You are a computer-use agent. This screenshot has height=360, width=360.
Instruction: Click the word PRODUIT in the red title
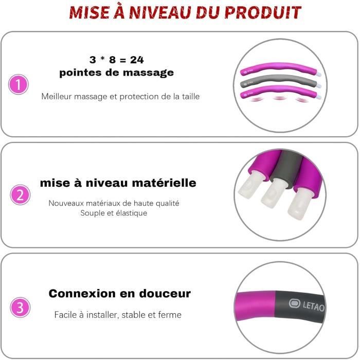coord(262,13)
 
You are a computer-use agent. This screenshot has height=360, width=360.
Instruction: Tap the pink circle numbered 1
coord(19,84)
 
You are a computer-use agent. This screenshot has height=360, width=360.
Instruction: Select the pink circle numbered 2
coord(20,195)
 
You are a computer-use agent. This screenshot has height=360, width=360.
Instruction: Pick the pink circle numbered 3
coord(20,307)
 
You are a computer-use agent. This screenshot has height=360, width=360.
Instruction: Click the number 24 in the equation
coord(137,60)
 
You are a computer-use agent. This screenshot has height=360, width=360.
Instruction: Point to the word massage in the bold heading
coord(148,73)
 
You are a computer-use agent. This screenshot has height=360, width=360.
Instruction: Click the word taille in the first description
coord(191,97)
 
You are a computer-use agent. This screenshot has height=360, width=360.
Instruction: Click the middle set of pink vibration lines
coord(279,98)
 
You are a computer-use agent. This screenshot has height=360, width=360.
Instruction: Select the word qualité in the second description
coord(168,204)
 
